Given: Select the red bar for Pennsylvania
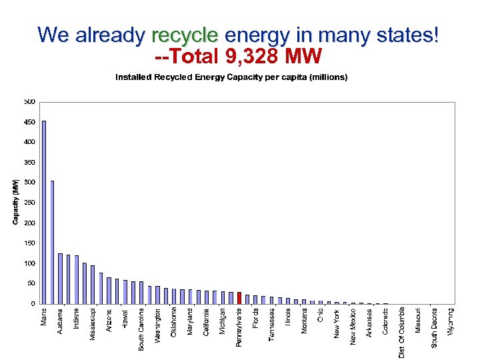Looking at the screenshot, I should (x=239, y=297).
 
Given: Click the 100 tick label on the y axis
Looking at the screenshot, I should (x=30, y=263).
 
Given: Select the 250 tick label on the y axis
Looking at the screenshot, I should (x=30, y=203).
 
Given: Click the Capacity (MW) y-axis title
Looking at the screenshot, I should (x=17, y=199).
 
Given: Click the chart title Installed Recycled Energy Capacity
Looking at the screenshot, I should (x=231, y=77).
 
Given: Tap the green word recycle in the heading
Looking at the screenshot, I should (x=185, y=35).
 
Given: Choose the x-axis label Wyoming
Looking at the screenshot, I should (x=451, y=321).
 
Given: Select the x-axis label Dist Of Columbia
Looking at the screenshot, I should (x=402, y=332).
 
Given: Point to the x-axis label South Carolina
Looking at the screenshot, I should (x=141, y=329).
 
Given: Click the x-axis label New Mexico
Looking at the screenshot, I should (x=353, y=326).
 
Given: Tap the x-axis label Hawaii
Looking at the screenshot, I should (x=125, y=317).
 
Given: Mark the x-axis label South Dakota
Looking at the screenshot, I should (x=435, y=327).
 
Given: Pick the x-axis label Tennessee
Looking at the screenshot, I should (x=272, y=324).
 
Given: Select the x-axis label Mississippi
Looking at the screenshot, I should (x=93, y=323).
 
